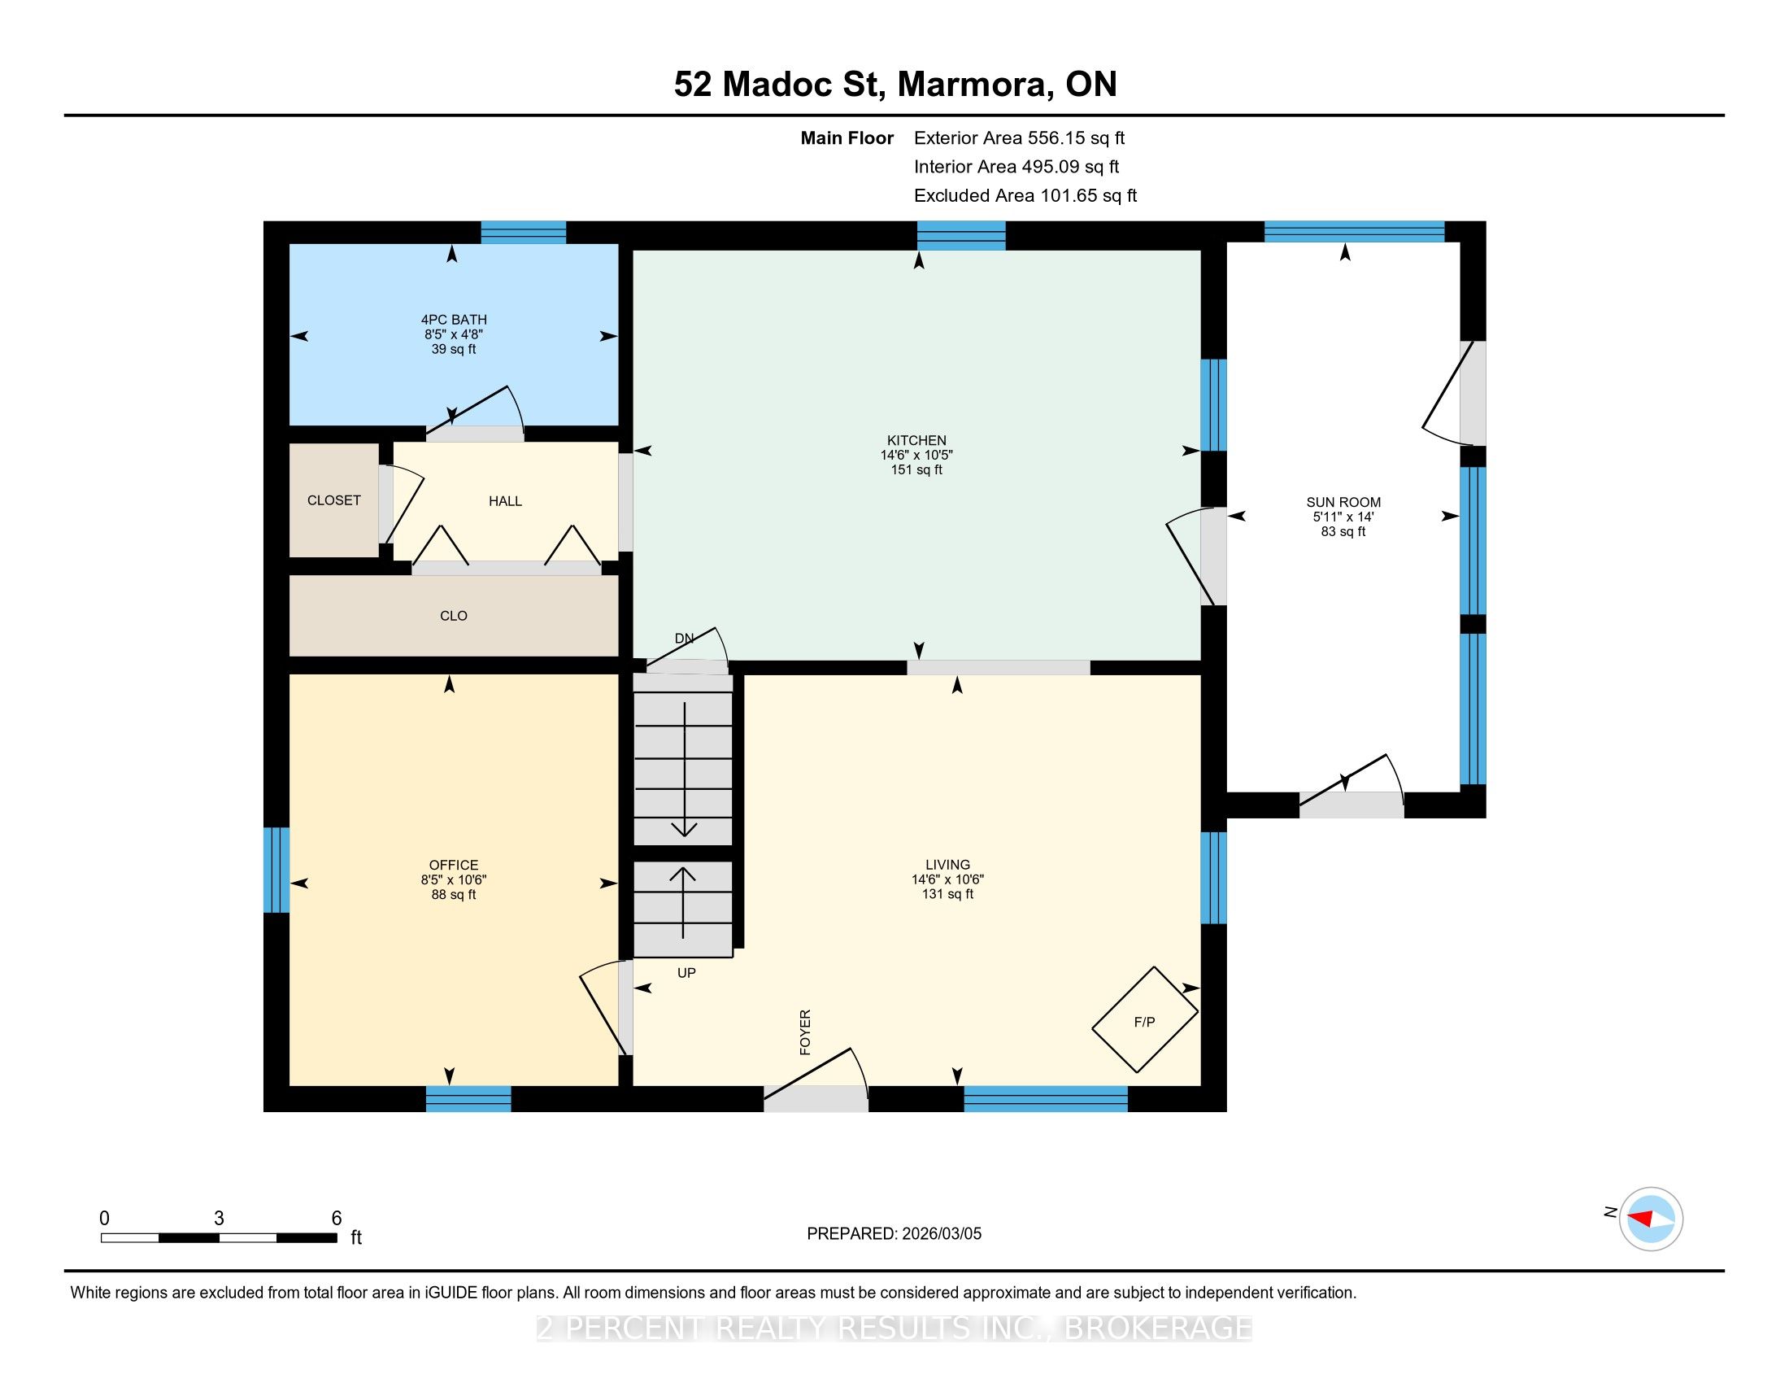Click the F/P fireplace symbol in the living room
pyautogui.click(x=1145, y=1019)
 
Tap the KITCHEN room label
pyautogui.click(x=916, y=440)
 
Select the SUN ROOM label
pyautogui.click(x=1343, y=502)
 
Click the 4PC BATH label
pyautogui.click(x=454, y=320)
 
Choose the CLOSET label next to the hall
pyautogui.click(x=334, y=500)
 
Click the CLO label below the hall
pyautogui.click(x=454, y=616)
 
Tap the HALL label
pyautogui.click(x=506, y=501)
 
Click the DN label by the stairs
pyautogui.click(x=684, y=639)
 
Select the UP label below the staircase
pyautogui.click(x=686, y=972)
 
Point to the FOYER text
pyautogui.click(x=805, y=1032)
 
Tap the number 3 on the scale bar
pyautogui.click(x=219, y=1219)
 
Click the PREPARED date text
pyautogui.click(x=894, y=1234)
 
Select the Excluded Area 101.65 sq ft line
pyautogui.click(x=1025, y=196)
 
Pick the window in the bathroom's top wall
pyautogui.click(x=524, y=233)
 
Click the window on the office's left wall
pyautogui.click(x=276, y=870)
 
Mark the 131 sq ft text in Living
pyautogui.click(x=947, y=894)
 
